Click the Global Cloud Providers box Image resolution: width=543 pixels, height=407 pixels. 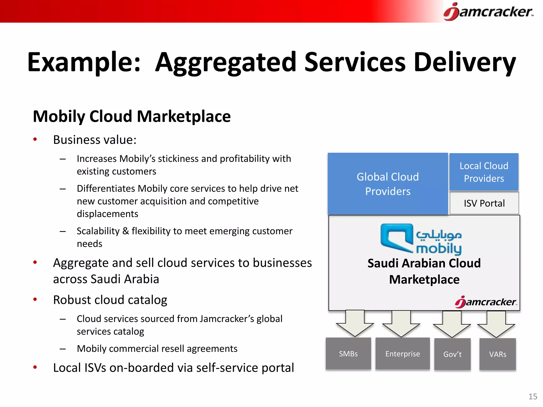(x=388, y=184)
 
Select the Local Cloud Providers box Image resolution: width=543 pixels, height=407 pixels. (x=484, y=172)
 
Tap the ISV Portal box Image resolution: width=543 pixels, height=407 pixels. (x=484, y=203)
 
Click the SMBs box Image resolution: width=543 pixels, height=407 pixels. (x=348, y=353)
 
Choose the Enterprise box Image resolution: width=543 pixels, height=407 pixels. (x=402, y=353)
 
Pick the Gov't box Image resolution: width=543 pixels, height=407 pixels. (x=452, y=354)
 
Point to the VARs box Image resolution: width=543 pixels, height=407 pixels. (x=498, y=354)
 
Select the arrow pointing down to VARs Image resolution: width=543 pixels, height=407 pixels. (x=496, y=324)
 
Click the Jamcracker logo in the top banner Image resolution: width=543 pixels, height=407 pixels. (x=488, y=12)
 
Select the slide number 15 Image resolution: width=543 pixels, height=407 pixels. (x=533, y=396)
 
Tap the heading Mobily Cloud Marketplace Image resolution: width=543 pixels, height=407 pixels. (x=132, y=116)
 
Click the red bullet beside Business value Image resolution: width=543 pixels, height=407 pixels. (x=35, y=139)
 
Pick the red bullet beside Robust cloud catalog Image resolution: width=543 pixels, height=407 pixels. (x=35, y=299)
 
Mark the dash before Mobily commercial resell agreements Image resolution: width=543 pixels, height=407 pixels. (x=63, y=349)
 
